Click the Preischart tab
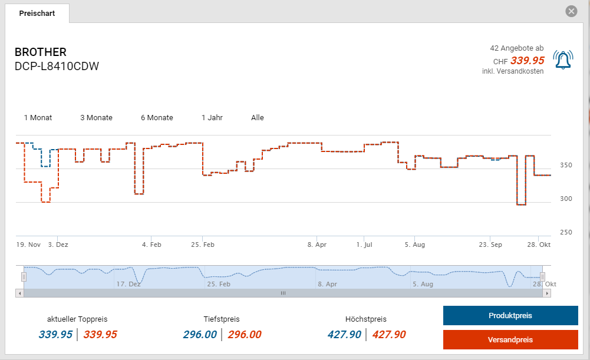[37, 13]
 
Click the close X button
[571, 11]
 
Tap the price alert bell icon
[563, 60]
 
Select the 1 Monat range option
[38, 118]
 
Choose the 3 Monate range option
[96, 118]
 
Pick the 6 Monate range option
[157, 118]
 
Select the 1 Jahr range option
[212, 118]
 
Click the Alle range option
[258, 118]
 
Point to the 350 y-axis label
[565, 165]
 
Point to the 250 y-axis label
[565, 232]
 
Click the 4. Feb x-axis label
[151, 245]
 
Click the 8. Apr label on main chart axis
[317, 245]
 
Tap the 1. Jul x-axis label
[364, 245]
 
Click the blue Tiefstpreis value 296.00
[200, 335]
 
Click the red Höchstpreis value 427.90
[389, 335]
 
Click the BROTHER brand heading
[41, 52]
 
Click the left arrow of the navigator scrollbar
[19, 293]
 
